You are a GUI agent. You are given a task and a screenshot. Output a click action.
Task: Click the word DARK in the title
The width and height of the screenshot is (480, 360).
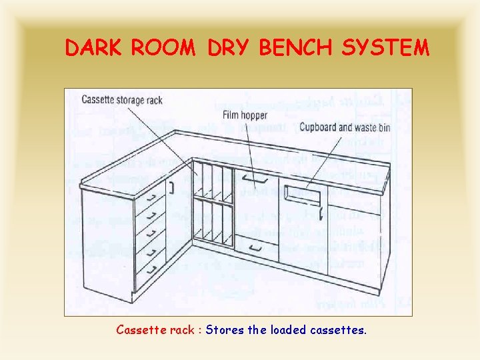[93, 48]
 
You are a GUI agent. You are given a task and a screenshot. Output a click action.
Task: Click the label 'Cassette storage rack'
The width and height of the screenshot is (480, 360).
[122, 100]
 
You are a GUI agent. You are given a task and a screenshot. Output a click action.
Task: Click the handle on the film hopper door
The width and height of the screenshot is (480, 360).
[252, 178]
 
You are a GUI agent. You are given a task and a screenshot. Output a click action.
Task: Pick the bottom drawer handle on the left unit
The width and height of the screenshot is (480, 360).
[153, 269]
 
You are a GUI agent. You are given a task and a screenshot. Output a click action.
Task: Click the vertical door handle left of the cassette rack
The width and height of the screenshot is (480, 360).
[171, 187]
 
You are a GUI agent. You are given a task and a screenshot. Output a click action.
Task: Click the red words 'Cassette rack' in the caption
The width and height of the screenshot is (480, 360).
[158, 329]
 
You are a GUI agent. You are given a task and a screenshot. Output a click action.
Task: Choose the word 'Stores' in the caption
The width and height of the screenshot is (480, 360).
[223, 329]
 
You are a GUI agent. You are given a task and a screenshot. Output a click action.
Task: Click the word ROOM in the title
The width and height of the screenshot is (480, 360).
[167, 48]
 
